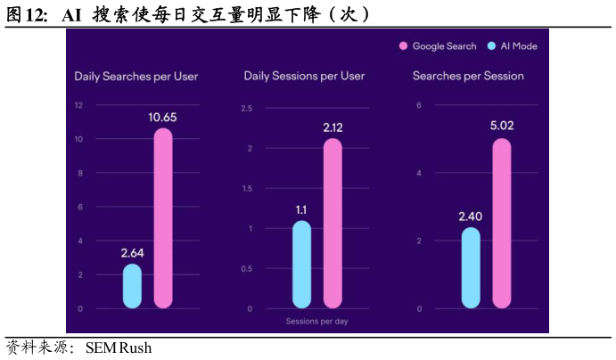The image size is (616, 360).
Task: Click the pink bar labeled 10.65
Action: pyautogui.click(x=162, y=218)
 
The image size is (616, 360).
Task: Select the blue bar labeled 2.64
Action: pyautogui.click(x=132, y=286)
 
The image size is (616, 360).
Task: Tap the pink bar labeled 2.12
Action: pyautogui.click(x=333, y=223)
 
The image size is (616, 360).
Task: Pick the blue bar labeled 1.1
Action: pyautogui.click(x=302, y=264)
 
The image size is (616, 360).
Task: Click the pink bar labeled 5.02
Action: pyautogui.click(x=502, y=223)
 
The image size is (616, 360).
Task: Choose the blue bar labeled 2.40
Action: pyautogui.click(x=471, y=267)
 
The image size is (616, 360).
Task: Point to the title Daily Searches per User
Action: pyautogui.click(x=136, y=77)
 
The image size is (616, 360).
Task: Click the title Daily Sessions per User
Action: pyautogui.click(x=304, y=77)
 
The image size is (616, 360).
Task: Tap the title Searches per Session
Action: pyautogui.click(x=468, y=77)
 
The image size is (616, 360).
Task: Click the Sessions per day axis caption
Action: pyautogui.click(x=316, y=321)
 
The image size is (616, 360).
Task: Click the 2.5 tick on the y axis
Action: pyautogui.click(x=246, y=109)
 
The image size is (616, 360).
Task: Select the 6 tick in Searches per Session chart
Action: pyautogui.click(x=418, y=105)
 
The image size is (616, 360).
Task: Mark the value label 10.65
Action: pyautogui.click(x=163, y=117)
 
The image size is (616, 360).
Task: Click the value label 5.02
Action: pyautogui.click(x=502, y=126)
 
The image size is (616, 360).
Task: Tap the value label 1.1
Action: pyautogui.click(x=302, y=209)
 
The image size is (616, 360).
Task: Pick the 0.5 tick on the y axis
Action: pyautogui.click(x=246, y=268)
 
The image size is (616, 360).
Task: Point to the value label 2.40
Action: pyautogui.click(x=471, y=217)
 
